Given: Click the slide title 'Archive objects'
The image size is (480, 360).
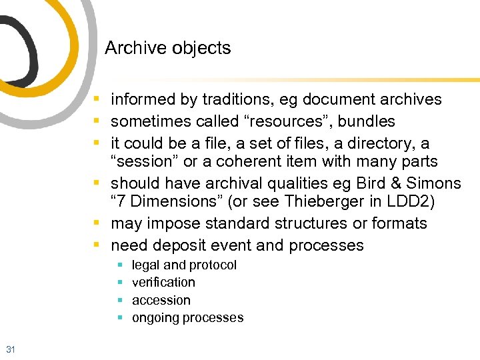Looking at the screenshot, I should coord(168,48).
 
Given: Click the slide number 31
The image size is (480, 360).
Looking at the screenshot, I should coord(10,349).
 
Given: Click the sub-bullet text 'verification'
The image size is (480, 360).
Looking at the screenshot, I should coord(163,283).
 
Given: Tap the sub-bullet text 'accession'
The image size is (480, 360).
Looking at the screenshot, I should coord(161,301).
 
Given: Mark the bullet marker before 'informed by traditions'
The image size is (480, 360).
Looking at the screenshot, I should coord(97,99).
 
